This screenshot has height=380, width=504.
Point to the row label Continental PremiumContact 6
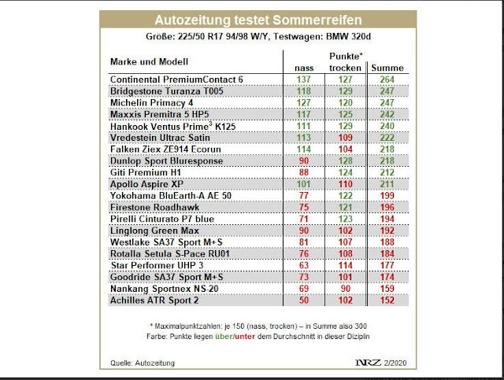coord(176,79)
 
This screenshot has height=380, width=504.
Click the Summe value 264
coord(386,79)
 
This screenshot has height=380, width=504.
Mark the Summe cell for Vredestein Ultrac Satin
coord(386,137)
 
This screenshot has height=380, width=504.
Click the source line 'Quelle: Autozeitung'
coord(135,363)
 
